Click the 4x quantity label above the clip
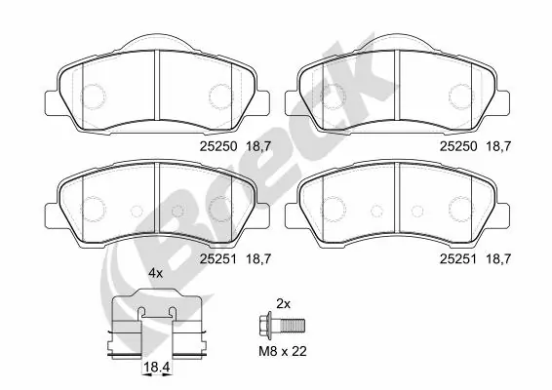pos(155,276)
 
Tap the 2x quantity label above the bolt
pos(284,303)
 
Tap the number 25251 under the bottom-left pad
pos(217,258)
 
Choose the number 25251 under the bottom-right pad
pos(458,258)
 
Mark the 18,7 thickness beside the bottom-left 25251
pos(258,258)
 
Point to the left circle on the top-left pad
pos(94,96)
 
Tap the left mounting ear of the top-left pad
pos(52,99)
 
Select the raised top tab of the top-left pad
pos(158,41)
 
